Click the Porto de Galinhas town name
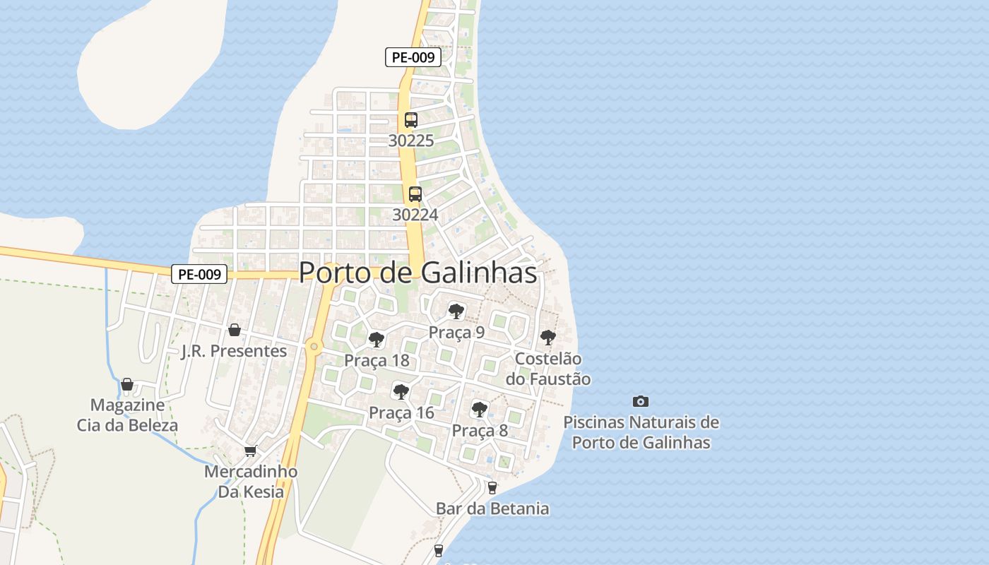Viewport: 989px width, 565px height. [417, 273]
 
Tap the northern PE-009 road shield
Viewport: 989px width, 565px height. [413, 57]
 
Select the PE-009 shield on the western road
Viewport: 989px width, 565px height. [199, 274]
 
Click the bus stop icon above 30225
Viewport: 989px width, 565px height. [411, 119]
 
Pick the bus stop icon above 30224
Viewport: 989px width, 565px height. [415, 194]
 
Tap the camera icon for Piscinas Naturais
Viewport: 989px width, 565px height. [640, 401]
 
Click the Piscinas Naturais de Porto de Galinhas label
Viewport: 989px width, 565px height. [641, 432]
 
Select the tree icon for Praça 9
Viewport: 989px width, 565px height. [456, 311]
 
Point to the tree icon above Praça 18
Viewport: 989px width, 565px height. [377, 340]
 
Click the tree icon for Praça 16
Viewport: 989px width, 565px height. [401, 391]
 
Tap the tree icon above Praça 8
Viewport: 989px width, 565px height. [480, 409]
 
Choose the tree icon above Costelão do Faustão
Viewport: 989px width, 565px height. [547, 338]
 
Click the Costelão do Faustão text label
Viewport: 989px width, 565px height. [548, 369]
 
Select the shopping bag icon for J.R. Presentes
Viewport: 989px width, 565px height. [235, 330]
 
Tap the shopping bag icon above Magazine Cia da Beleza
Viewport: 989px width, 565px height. [127, 384]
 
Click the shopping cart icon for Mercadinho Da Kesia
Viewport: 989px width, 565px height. [250, 451]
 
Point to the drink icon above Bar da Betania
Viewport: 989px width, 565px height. [492, 487]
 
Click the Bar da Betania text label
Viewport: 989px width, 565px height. [492, 509]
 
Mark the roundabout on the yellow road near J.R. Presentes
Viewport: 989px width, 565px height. [313, 346]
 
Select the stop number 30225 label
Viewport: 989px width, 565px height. [411, 141]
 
